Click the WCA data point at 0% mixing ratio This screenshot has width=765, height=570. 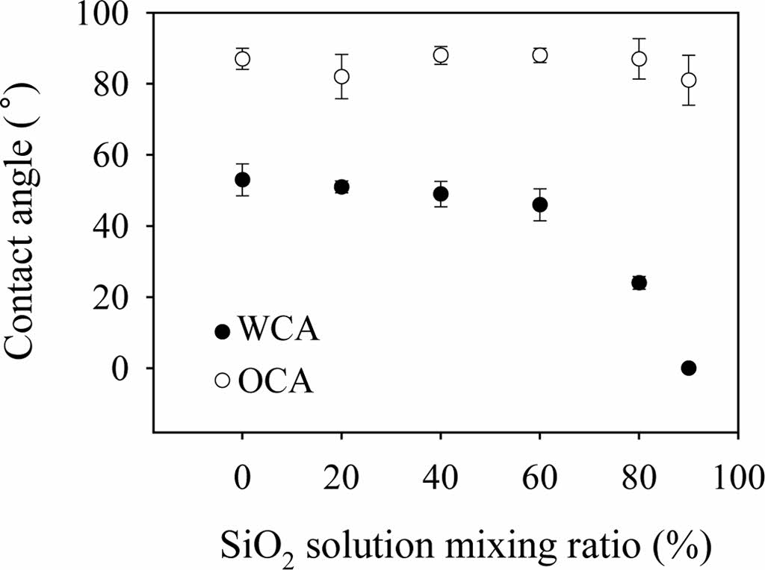pos(242,180)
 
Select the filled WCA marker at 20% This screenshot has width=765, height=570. pos(341,187)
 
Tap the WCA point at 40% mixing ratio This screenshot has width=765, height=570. pos(441,194)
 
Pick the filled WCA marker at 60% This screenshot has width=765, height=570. pos(539,204)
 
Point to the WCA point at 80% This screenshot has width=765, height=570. pos(639,283)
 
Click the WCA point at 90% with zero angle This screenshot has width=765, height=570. pos(688,368)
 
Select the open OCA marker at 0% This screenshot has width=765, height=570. pos(242,59)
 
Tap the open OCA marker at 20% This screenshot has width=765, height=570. pos(341,76)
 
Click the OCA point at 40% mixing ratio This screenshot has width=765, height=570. pos(441,55)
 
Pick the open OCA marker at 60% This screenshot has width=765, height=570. pos(539,55)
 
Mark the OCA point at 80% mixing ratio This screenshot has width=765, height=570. pos(639,59)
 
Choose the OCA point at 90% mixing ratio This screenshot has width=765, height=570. pos(688,80)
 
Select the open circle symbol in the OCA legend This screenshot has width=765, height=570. pos(222,380)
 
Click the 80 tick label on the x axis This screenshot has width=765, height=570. pos(639,475)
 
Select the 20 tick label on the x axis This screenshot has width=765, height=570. pos(341,475)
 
